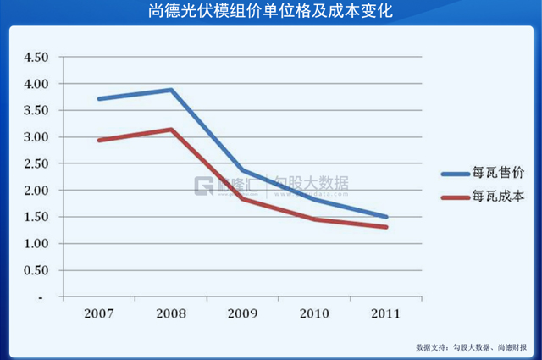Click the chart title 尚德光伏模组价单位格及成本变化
tap(271, 11)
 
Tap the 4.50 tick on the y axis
tap(36, 58)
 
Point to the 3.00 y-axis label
tap(36, 137)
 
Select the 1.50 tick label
tap(36, 217)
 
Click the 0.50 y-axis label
tap(36, 270)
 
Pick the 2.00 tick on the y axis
tap(36, 191)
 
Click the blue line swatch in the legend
tap(458, 174)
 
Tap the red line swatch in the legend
tap(458, 198)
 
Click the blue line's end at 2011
tap(386, 217)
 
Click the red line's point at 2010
tap(314, 219)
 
